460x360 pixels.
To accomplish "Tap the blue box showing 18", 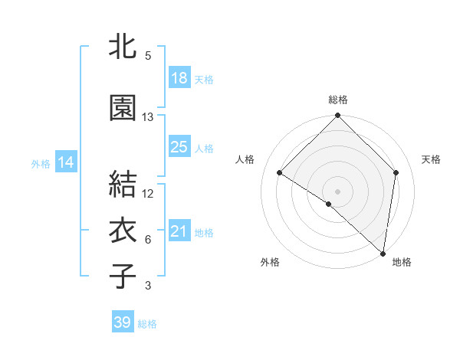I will [x=179, y=78].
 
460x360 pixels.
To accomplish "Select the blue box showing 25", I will [x=179, y=147].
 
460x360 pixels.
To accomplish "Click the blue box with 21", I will [x=179, y=231].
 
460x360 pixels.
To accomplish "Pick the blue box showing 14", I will [x=66, y=162].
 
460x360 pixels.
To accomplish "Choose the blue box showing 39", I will [x=123, y=322].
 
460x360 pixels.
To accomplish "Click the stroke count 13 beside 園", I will [x=148, y=117].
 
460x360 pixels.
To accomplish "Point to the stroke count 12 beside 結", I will [x=148, y=194].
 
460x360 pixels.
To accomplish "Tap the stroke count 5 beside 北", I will [x=148, y=56].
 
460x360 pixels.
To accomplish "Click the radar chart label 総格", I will [x=338, y=100].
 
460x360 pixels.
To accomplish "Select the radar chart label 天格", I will [x=431, y=159].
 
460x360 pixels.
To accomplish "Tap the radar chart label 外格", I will [x=270, y=262].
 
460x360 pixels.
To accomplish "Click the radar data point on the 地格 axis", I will [x=383, y=254].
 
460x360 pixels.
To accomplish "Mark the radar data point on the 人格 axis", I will [x=280, y=173].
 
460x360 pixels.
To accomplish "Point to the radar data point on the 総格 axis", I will [x=338, y=116].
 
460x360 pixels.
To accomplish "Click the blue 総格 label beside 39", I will [x=147, y=324].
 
